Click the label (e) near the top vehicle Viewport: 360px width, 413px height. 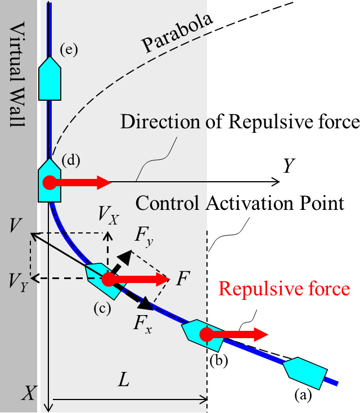pos(69,50)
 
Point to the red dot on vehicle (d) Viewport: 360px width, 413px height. pos(49,182)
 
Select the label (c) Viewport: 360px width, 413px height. pos(103,308)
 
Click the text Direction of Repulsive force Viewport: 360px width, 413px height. pos(240,122)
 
